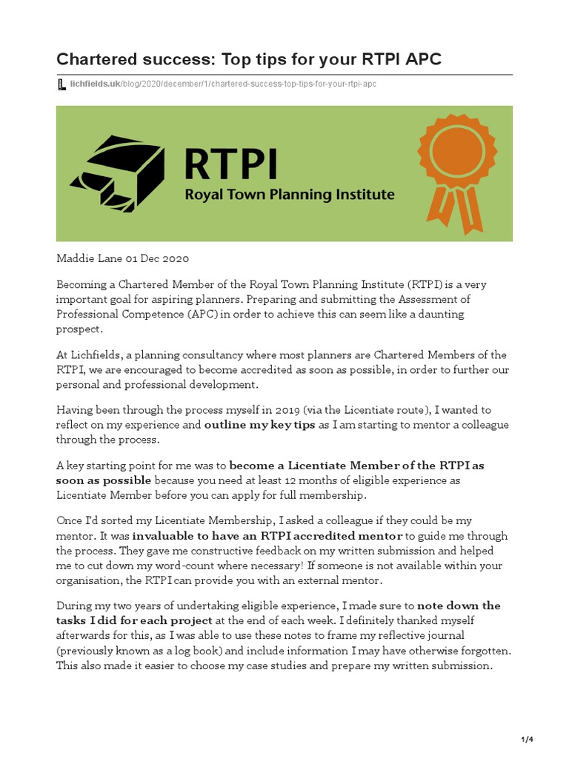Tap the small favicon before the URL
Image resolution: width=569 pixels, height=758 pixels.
61,84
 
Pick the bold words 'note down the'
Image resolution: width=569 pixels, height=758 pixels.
459,606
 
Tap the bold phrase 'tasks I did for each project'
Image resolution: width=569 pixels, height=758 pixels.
134,620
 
